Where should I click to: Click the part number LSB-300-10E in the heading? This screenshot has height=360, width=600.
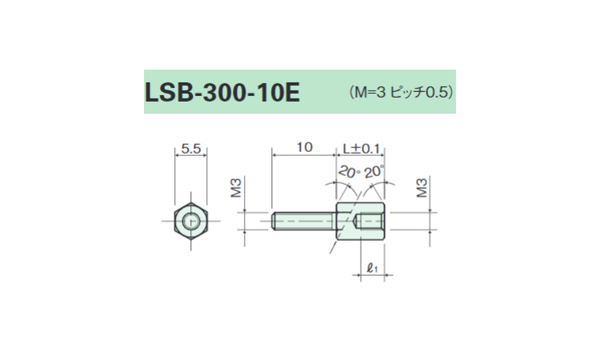point(222,93)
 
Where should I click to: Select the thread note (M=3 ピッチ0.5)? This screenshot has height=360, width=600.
point(401,92)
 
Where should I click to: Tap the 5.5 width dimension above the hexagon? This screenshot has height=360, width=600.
point(191,149)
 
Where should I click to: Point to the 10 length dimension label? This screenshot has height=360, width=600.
point(305,147)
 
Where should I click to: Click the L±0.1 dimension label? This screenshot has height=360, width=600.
point(361,149)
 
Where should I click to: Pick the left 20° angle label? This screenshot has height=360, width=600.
point(350,172)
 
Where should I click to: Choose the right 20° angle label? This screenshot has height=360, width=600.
point(374,172)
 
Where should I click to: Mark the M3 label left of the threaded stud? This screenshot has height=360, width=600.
point(236,187)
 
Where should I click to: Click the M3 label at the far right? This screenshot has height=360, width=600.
point(422,187)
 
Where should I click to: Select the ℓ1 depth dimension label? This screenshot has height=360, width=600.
point(372,268)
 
